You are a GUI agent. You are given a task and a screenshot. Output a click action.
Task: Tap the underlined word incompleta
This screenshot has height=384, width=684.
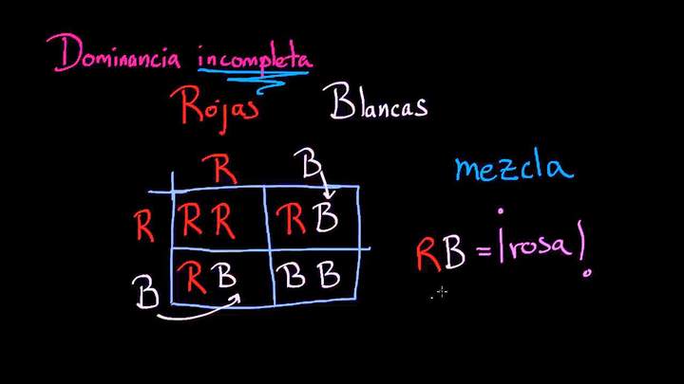coord(256,58)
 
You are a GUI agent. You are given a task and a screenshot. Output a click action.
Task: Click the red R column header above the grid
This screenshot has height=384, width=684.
coord(219,169)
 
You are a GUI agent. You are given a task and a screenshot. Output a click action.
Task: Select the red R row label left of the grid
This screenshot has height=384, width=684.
coord(144,226)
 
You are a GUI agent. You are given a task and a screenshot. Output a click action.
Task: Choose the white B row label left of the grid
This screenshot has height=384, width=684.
coord(145,292)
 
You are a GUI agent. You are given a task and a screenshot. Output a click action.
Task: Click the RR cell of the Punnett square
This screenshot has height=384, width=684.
coord(208,219)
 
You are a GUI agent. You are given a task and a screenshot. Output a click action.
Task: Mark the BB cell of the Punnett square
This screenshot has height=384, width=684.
coord(308,274)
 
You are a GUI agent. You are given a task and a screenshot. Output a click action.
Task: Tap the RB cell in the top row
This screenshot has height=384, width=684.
coord(307,217)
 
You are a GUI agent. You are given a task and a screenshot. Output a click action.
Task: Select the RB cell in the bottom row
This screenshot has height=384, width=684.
coord(206,276)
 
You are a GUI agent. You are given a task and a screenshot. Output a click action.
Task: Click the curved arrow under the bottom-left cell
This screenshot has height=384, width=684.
coord(199,310)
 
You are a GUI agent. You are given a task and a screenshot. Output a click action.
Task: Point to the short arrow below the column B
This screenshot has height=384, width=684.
coord(327,184)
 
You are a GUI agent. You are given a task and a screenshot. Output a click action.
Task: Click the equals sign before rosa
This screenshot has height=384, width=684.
coord(485,250)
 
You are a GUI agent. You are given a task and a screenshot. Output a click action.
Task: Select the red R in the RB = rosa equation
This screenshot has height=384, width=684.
coord(427,255)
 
